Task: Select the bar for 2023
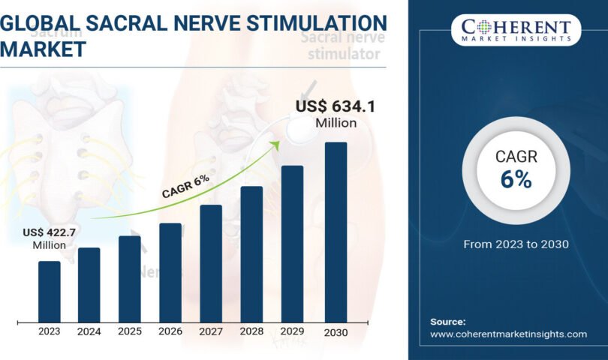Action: [49, 292]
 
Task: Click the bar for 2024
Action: [89, 285]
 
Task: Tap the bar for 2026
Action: [170, 273]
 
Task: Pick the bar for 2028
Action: [251, 254]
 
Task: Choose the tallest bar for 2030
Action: [336, 232]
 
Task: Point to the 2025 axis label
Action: [129, 331]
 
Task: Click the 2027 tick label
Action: [211, 331]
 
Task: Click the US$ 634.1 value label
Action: [335, 107]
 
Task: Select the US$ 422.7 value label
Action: [50, 232]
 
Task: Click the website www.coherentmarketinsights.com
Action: [508, 334]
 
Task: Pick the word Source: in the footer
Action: [448, 321]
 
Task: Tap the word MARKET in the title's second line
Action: [44, 49]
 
